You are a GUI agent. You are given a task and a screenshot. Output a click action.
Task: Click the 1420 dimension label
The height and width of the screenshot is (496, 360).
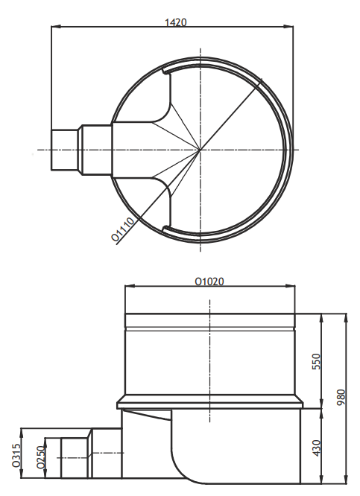pyautogui.click(x=176, y=22)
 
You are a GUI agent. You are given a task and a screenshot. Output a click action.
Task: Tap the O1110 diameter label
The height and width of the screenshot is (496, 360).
pyautogui.click(x=123, y=229)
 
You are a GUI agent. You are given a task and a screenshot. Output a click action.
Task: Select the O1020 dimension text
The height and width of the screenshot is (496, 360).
pyautogui.click(x=209, y=282)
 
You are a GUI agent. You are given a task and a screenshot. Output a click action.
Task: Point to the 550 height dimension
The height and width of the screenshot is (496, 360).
pyautogui.click(x=316, y=361)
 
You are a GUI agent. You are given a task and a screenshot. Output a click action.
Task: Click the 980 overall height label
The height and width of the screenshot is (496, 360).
pyautogui.click(x=341, y=398)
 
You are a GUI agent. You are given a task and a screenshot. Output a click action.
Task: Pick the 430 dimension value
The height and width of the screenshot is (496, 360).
pyautogui.click(x=316, y=448)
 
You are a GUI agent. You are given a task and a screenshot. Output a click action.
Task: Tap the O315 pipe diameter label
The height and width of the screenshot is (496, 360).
pyautogui.click(x=16, y=455)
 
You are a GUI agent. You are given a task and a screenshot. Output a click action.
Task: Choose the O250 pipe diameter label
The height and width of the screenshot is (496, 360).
pyautogui.click(x=40, y=457)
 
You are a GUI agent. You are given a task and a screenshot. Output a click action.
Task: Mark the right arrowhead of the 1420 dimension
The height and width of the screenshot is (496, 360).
pyautogui.click(x=289, y=27)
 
